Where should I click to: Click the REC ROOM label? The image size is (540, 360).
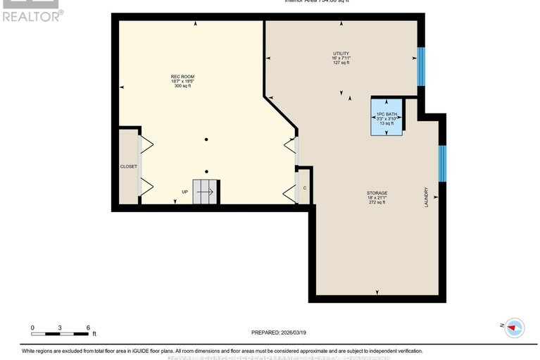[x=182, y=76]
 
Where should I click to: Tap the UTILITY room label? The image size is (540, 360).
[x=341, y=54]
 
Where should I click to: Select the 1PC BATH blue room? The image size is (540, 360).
[x=387, y=117]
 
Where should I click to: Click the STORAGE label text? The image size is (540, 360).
[x=377, y=192]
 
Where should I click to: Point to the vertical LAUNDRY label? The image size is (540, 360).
[x=427, y=197]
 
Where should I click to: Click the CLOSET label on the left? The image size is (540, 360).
[x=128, y=167]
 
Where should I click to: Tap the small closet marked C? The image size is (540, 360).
[x=305, y=188]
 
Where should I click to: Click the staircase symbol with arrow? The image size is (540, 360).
[x=206, y=192]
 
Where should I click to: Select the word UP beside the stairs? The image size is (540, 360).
[x=185, y=192]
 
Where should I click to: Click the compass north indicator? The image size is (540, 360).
[x=515, y=326]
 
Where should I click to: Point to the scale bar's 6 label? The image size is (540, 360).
[x=87, y=328]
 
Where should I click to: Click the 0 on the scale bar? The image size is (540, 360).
[x=32, y=328]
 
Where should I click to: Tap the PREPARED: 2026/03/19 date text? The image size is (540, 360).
[x=280, y=333]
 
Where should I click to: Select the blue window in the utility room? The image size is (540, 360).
[x=421, y=66]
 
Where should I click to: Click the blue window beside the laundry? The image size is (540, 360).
[x=442, y=163]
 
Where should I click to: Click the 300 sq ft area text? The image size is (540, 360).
[x=182, y=86]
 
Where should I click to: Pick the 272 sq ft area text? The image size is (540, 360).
[x=377, y=202]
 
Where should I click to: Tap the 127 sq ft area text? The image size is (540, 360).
[x=341, y=63]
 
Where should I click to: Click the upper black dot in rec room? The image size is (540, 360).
[x=206, y=139]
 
